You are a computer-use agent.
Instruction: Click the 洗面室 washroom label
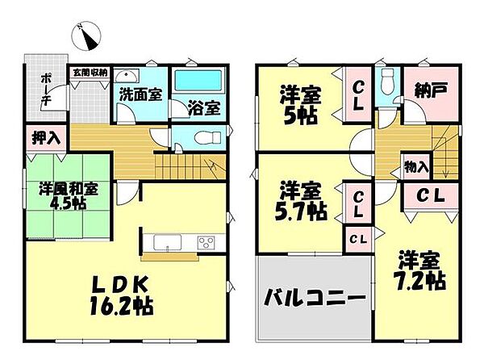coord(140,94)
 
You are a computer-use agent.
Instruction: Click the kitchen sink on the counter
coord(162,242)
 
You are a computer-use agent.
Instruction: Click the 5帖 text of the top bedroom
coord(300,114)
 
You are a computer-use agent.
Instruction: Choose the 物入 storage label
coord(416,168)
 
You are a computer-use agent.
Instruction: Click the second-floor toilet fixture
coord(387,81)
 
